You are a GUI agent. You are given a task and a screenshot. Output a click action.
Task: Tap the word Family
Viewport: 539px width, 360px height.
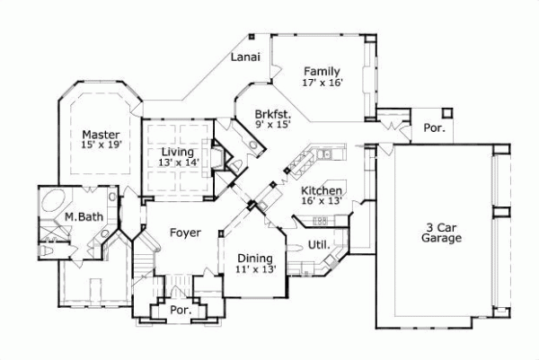[321, 71]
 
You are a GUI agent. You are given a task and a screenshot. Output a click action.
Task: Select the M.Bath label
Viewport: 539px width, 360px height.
[79, 217]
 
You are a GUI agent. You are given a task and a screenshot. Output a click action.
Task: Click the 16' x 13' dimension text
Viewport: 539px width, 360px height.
[320, 202]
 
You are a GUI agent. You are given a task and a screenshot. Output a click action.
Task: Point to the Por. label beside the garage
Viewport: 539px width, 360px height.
[434, 128]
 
